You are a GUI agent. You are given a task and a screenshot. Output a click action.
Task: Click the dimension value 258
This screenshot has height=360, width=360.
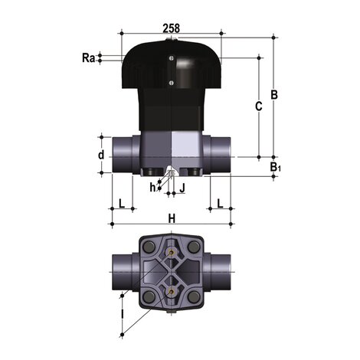[172, 28]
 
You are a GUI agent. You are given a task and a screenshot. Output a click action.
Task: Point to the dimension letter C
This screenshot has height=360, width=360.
[258, 107]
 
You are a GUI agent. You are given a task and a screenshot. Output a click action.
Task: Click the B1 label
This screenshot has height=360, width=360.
[275, 167]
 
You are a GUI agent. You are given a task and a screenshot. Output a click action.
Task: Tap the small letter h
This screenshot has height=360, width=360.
[153, 186]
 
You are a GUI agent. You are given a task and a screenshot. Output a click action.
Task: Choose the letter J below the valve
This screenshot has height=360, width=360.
[182, 186]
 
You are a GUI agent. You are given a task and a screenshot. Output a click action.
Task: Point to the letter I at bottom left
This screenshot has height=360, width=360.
[122, 313]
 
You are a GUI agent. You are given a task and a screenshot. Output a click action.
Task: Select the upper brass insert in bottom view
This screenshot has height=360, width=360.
[172, 248]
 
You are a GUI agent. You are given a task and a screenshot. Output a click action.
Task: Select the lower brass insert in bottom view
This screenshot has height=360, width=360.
[172, 292]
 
